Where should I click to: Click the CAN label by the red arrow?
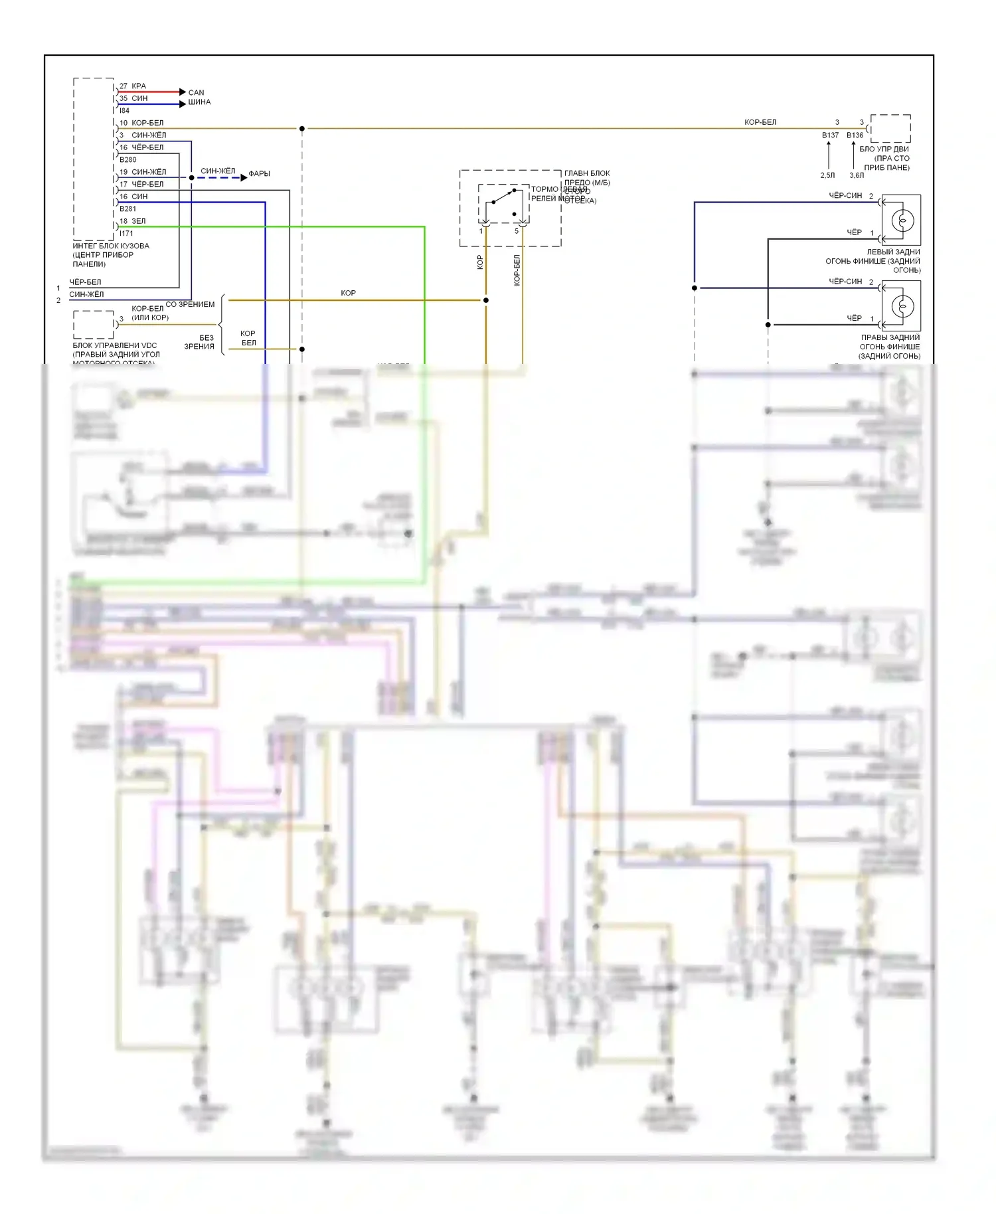pyautogui.click(x=196, y=92)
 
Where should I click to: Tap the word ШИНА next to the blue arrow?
pyautogui.click(x=199, y=102)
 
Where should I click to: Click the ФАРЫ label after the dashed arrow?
pyautogui.click(x=259, y=174)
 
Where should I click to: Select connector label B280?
pyautogui.click(x=127, y=159)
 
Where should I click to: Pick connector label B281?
pyautogui.click(x=127, y=209)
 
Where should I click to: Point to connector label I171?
pyautogui.click(x=126, y=233)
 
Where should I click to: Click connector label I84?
pyautogui.click(x=124, y=110)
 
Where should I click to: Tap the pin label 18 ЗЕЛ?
pyautogui.click(x=132, y=221)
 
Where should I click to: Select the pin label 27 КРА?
pyautogui.click(x=133, y=86)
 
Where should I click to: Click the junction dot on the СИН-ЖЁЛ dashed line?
pyautogui.click(x=191, y=178)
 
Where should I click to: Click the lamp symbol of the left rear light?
pyautogui.click(x=902, y=220)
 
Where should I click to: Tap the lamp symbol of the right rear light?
pyautogui.click(x=902, y=306)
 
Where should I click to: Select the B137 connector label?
pyautogui.click(x=830, y=135)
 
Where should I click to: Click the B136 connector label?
pyautogui.click(x=855, y=135)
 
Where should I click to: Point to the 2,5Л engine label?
pyautogui.click(x=827, y=175)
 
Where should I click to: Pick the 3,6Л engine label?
pyautogui.click(x=857, y=175)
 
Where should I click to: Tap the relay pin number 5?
pyautogui.click(x=517, y=231)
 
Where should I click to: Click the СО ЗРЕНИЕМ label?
pyautogui.click(x=190, y=304)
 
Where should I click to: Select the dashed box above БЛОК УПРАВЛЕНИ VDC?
pyautogui.click(x=94, y=324)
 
